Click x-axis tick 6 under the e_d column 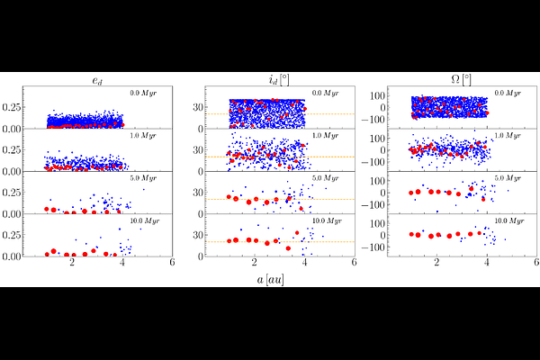click(x=171, y=264)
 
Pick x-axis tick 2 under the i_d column click(x=255, y=264)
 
